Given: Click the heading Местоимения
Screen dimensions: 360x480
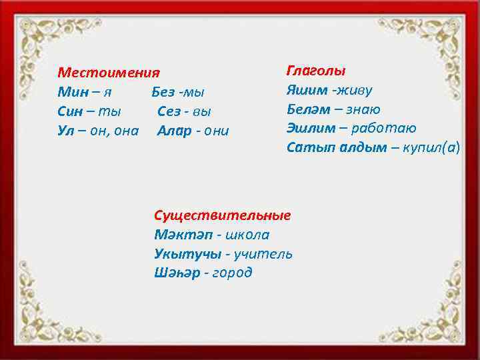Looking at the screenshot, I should click(x=109, y=72).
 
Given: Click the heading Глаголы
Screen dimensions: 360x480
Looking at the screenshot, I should click(x=316, y=70).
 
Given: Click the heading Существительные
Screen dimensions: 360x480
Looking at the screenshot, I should click(x=222, y=215).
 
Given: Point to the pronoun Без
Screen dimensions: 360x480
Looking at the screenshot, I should click(x=163, y=91).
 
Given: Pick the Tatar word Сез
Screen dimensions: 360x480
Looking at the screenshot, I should click(x=170, y=111).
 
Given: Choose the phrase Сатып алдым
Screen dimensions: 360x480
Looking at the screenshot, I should click(x=336, y=147).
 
